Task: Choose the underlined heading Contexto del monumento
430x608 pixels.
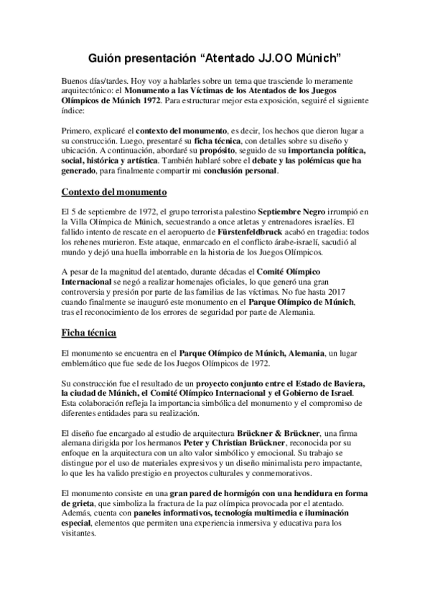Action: (115, 192)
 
